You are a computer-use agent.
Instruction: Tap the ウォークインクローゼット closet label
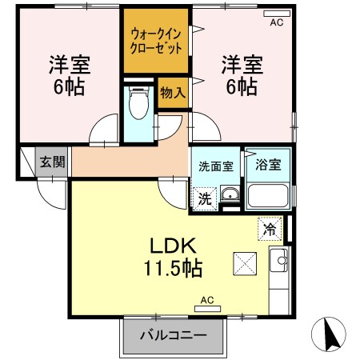tap(156, 40)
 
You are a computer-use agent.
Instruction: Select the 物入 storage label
tap(173, 93)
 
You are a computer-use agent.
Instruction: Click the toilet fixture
tap(141, 102)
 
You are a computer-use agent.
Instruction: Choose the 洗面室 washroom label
tap(216, 166)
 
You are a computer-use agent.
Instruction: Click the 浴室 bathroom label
tap(268, 166)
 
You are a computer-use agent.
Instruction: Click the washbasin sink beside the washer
tap(230, 195)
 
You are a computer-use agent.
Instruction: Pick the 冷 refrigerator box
tap(270, 229)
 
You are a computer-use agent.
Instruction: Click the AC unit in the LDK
tap(206, 305)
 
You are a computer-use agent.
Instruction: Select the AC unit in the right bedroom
tap(277, 17)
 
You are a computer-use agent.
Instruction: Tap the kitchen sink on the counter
tap(280, 258)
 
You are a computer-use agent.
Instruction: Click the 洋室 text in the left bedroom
tap(67, 63)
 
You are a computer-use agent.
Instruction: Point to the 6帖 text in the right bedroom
tap(240, 86)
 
